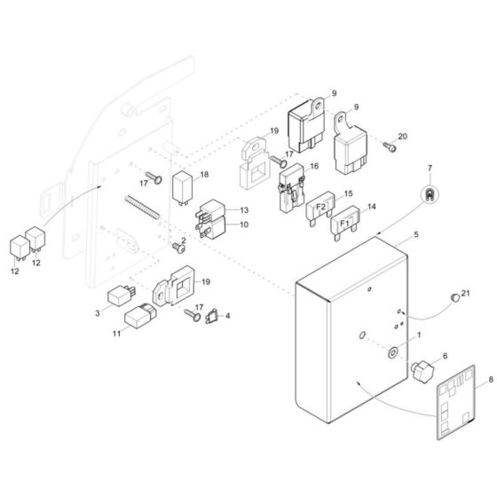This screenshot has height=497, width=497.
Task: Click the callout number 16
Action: (x=313, y=166)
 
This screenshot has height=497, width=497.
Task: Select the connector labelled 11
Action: (x=140, y=316)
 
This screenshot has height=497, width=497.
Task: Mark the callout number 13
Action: (x=244, y=209)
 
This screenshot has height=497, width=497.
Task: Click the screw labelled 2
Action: (x=174, y=246)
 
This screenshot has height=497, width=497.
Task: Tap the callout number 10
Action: (x=244, y=225)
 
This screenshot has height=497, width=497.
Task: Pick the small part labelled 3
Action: (x=119, y=296)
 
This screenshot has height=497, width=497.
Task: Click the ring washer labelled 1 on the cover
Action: (x=391, y=352)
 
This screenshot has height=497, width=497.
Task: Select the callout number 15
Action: (x=348, y=193)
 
